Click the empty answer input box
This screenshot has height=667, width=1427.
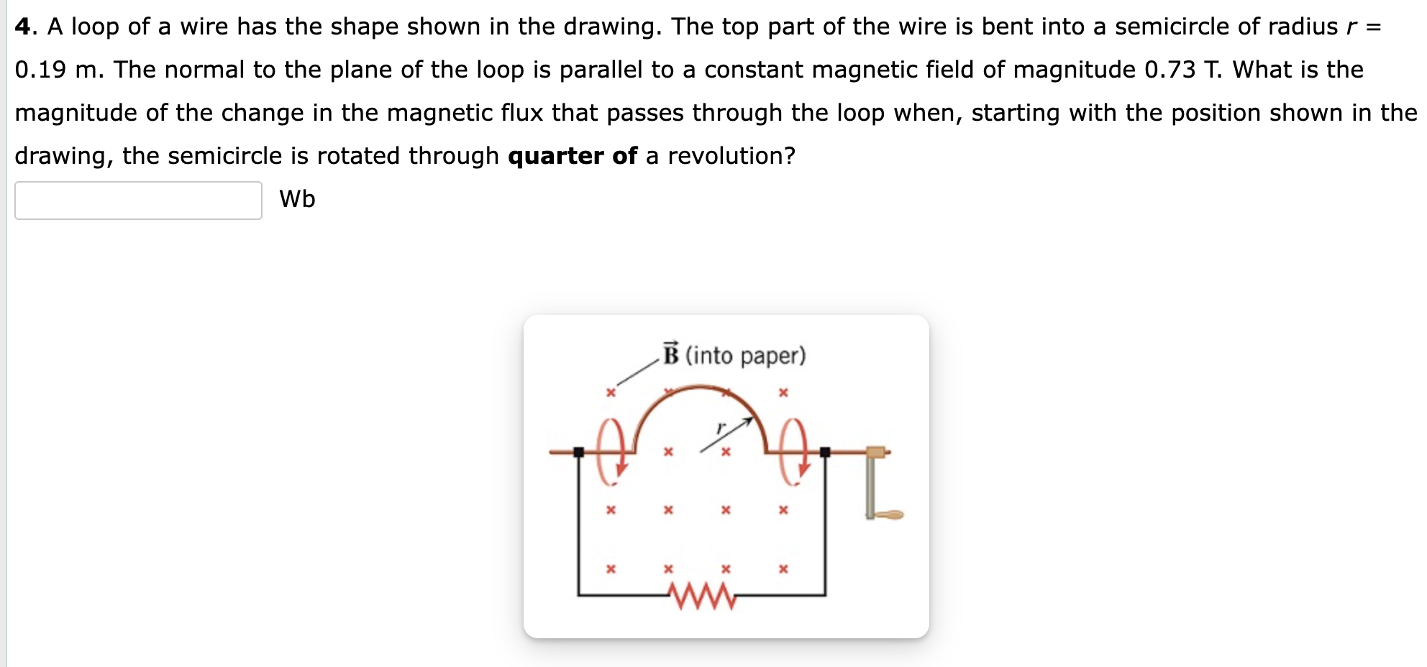(x=138, y=200)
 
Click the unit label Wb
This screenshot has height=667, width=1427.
(x=297, y=199)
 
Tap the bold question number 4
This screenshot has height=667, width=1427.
(x=24, y=27)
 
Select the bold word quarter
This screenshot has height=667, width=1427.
(x=555, y=156)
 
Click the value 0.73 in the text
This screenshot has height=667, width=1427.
(x=1170, y=70)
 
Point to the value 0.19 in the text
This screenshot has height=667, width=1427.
(x=40, y=70)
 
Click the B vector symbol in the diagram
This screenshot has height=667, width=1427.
(x=671, y=354)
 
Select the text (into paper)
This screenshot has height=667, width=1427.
(x=745, y=356)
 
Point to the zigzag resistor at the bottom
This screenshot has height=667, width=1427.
(x=702, y=595)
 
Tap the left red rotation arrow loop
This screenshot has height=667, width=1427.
(x=611, y=451)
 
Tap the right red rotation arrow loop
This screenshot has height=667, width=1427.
(x=795, y=451)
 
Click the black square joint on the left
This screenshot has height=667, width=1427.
(x=578, y=452)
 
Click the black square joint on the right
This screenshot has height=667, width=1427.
(x=825, y=452)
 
